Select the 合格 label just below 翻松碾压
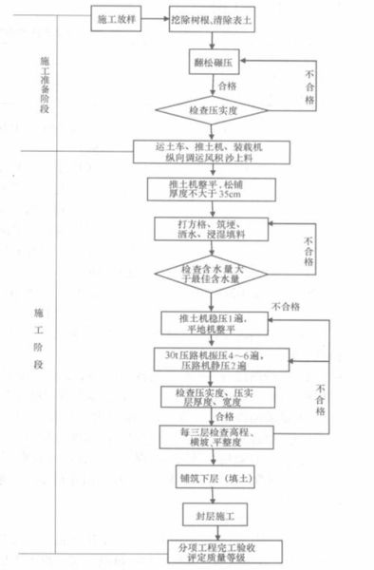(x=227, y=86)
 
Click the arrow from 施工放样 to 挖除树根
(x=155, y=19)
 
